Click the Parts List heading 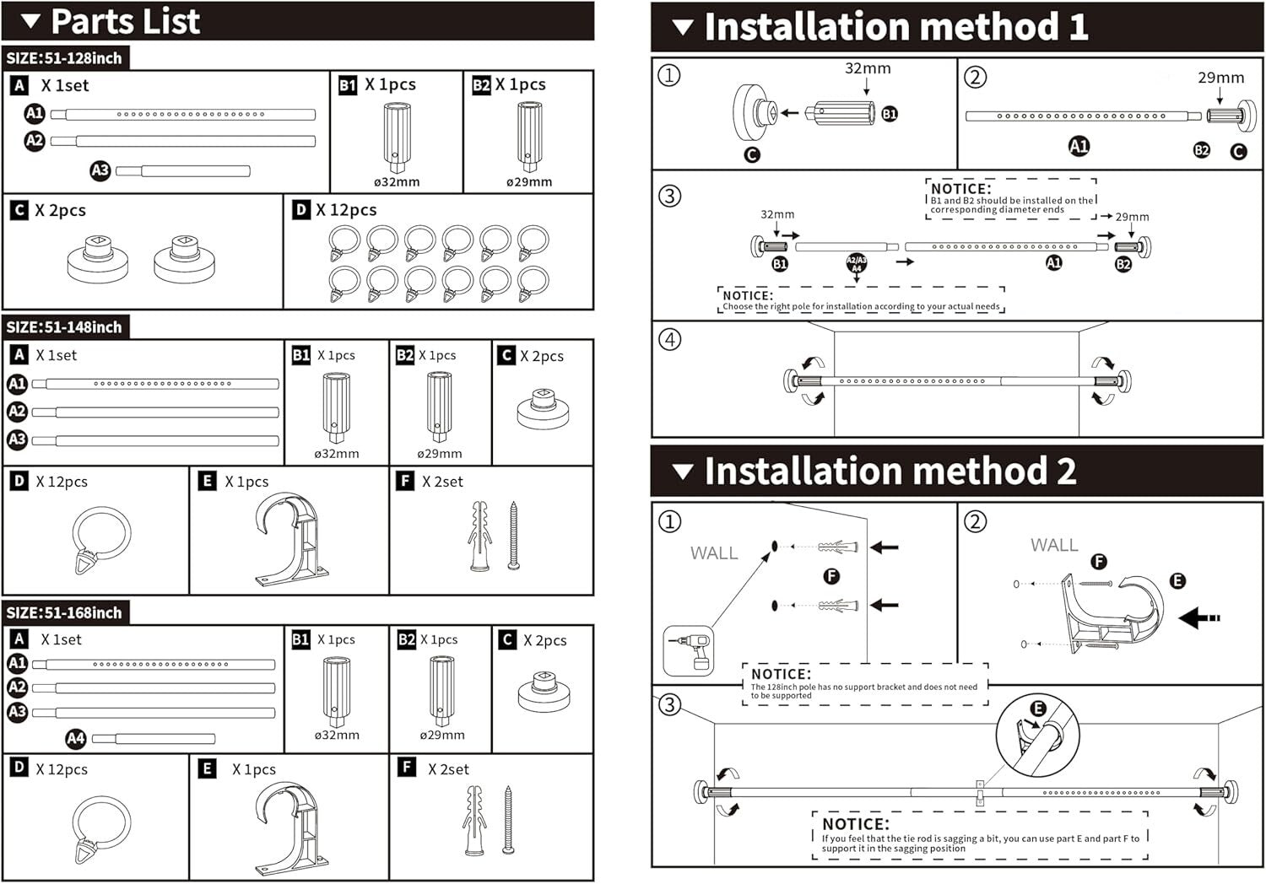[x=125, y=22]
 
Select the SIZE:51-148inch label [x=64, y=327]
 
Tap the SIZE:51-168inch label [x=64, y=612]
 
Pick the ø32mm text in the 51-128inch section [x=397, y=182]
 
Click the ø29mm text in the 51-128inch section [x=529, y=182]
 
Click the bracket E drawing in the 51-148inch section [x=291, y=540]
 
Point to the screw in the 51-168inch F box [x=509, y=819]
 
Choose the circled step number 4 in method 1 [x=669, y=340]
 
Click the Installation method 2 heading [x=890, y=472]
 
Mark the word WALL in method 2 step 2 [x=1054, y=546]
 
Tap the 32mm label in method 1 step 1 [x=868, y=69]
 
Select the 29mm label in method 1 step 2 [x=1220, y=78]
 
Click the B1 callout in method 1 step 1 [x=890, y=114]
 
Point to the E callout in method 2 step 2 [x=1177, y=580]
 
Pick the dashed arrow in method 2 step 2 [x=1199, y=618]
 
